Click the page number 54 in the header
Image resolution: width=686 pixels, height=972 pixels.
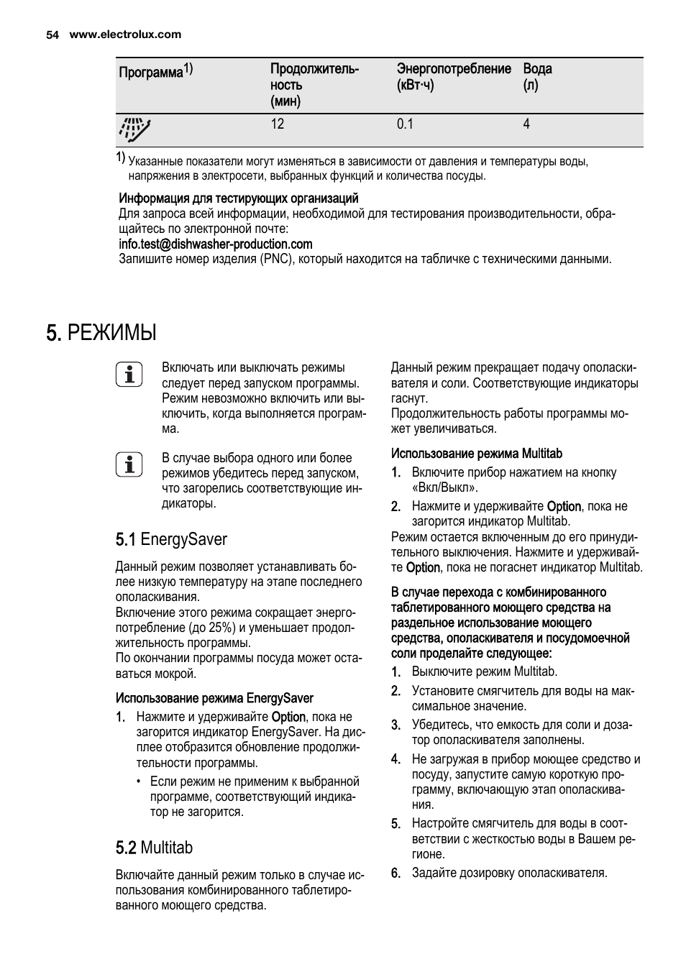point(51,35)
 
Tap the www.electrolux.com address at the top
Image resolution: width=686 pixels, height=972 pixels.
point(125,35)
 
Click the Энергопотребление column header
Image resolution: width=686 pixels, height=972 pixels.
point(454,69)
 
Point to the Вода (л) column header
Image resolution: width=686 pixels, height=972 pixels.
point(537,77)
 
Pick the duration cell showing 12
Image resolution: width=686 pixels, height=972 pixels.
point(278,124)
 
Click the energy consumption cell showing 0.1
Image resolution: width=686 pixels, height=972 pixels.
point(405,124)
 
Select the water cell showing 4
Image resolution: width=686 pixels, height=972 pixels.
point(526,124)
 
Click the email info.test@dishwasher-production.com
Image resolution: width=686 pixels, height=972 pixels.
point(215,244)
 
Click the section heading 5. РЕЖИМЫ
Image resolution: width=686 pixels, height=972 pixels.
point(101,333)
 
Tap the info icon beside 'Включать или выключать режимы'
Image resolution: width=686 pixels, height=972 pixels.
point(129,375)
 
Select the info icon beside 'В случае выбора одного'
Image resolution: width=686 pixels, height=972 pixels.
point(129,464)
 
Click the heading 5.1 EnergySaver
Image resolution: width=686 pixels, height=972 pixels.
point(171,539)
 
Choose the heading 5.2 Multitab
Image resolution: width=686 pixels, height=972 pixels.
point(154,848)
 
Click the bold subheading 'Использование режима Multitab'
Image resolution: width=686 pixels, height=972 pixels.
point(476,454)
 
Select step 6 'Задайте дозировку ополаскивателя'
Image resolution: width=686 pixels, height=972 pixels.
point(508,873)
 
